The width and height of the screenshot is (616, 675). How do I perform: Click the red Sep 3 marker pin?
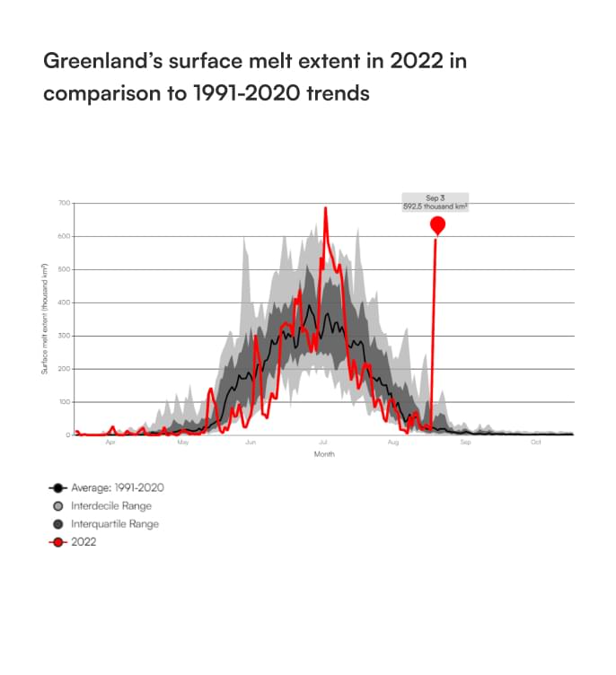[437, 224]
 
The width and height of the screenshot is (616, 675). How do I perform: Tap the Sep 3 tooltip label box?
[436, 201]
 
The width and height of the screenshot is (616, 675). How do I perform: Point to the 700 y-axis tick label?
[65, 204]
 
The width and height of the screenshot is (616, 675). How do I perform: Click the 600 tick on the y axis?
[65, 237]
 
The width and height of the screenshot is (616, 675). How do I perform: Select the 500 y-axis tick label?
[65, 270]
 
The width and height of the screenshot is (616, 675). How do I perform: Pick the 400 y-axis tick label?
[65, 303]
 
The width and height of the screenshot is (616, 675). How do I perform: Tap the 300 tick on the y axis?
[65, 337]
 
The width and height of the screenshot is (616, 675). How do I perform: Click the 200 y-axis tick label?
[65, 370]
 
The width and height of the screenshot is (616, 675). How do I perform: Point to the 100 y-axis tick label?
[65, 403]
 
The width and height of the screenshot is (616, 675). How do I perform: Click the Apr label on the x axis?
[110, 443]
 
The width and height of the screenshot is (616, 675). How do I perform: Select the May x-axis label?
[182, 443]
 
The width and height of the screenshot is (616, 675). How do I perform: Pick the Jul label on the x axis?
[321, 443]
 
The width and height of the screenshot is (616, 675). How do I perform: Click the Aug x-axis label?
[393, 443]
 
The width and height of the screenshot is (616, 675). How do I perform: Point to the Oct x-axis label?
[535, 443]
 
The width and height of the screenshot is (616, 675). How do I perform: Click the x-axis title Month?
[324, 454]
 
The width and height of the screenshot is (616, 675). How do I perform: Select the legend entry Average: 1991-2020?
[117, 487]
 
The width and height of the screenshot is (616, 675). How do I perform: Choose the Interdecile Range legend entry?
[112, 505]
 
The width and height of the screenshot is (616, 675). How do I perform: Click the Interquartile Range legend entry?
[116, 523]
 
